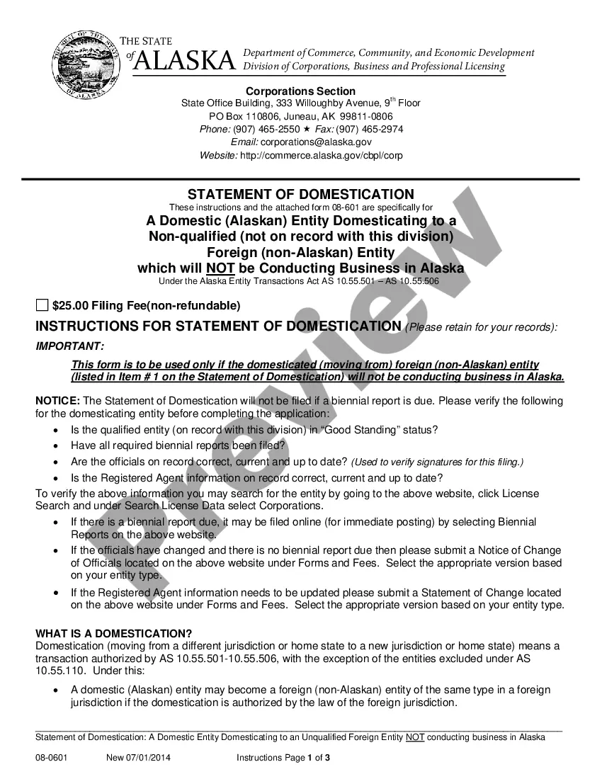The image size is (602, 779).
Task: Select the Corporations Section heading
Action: (300, 91)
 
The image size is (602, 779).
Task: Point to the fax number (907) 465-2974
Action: (370, 129)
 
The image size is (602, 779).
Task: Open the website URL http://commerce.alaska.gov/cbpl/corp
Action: (322, 155)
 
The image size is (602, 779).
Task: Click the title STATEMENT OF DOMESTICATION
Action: (300, 194)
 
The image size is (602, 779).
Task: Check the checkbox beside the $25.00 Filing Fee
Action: (42, 306)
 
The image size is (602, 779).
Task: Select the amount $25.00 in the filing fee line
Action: (70, 306)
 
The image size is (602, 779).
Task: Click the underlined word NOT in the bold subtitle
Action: (220, 268)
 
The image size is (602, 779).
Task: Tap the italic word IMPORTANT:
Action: (70, 346)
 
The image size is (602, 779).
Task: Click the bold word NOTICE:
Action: (58, 401)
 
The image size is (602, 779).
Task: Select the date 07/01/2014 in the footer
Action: (149, 758)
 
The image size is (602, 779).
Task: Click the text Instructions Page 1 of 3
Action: (283, 758)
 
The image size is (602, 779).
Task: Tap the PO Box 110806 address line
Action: (300, 116)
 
